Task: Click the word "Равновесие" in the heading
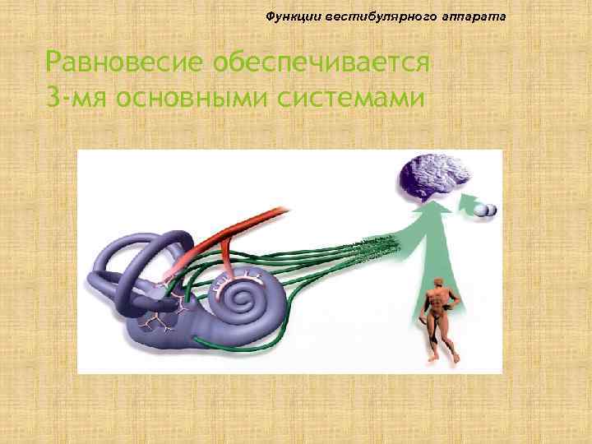(124, 62)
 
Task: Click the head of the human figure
(435, 283)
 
